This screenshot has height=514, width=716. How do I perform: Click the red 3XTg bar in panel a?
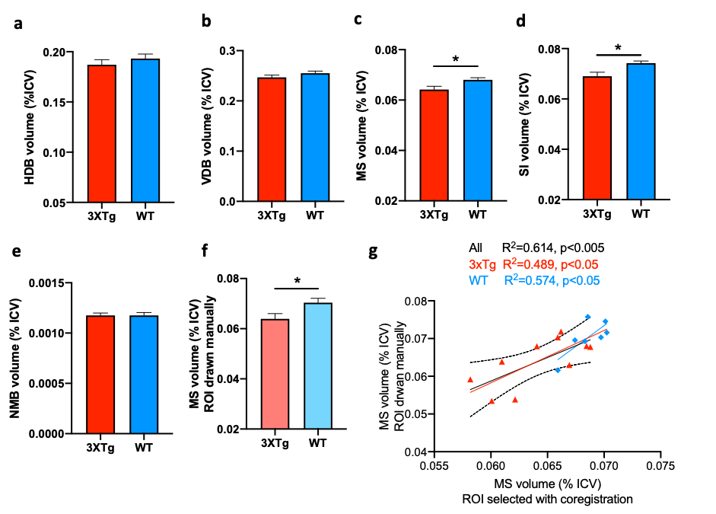click(101, 133)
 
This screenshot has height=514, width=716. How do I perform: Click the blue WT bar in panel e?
click(143, 374)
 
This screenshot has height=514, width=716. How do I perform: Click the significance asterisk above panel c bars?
click(455, 59)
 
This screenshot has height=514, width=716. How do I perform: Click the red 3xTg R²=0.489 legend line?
click(533, 264)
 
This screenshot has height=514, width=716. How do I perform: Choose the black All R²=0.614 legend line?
click(536, 247)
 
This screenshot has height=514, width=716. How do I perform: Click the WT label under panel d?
click(641, 214)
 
